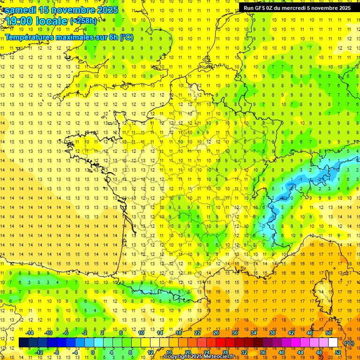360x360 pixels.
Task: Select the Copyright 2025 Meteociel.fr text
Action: point(199,357)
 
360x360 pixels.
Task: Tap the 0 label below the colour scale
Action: point(93,352)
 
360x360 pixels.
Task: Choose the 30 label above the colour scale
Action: point(234,333)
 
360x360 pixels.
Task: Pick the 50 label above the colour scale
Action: point(328,333)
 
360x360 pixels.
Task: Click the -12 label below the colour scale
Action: point(39,352)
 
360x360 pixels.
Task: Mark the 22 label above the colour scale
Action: point(197,333)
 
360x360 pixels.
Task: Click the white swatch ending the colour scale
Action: point(333,343)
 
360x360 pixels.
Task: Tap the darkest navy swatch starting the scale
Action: point(23,343)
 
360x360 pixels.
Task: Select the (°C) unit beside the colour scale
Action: point(349,343)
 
